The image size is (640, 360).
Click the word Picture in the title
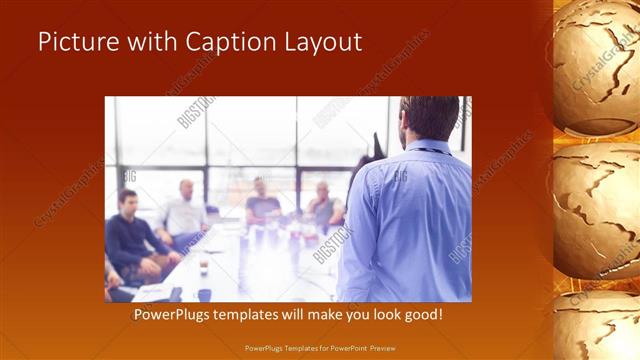click(75, 43)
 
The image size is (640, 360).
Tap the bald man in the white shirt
click(184, 210)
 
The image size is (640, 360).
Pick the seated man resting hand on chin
click(324, 205)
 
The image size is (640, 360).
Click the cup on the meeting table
click(202, 266)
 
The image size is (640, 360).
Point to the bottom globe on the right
click(600, 330)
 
